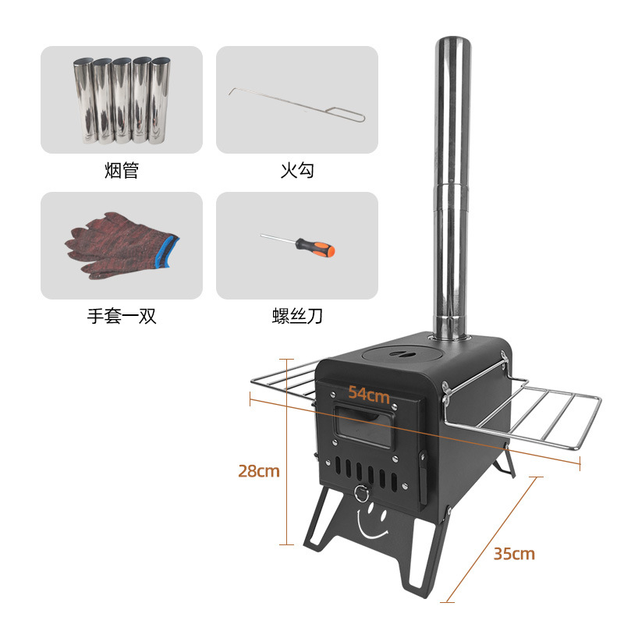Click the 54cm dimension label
click(368, 394)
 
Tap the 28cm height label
click(258, 471)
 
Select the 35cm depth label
click(514, 554)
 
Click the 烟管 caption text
click(121, 170)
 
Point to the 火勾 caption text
click(296, 170)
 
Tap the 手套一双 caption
click(121, 317)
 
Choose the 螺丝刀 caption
click(296, 317)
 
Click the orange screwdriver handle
click(321, 249)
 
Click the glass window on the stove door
click(363, 427)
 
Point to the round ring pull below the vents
click(361, 492)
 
